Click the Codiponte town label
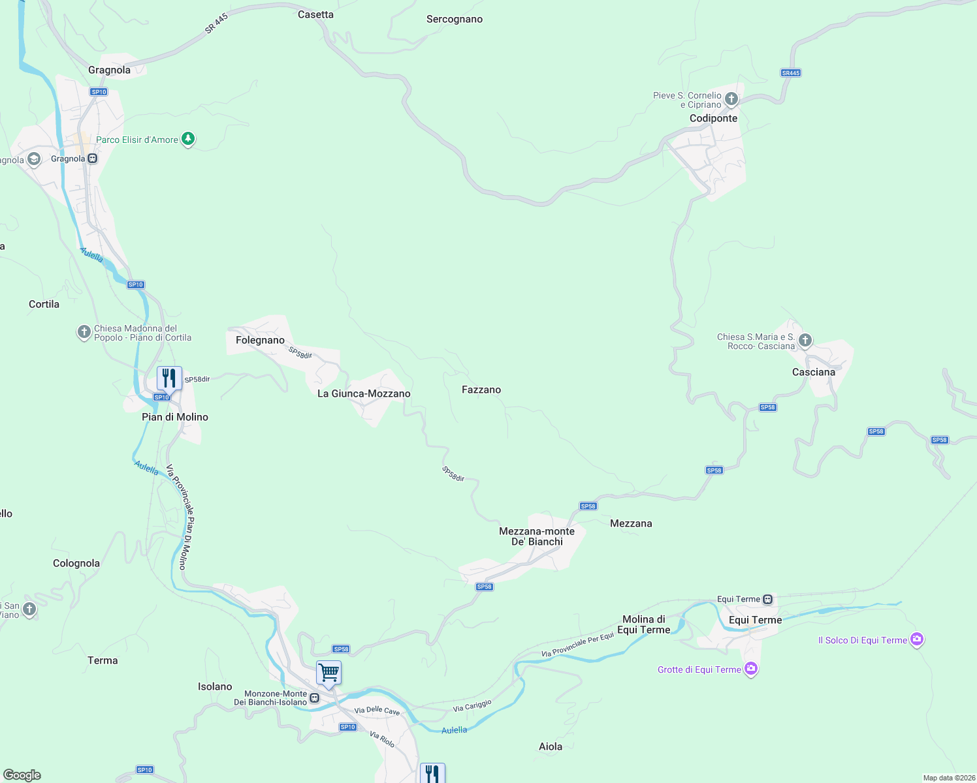[x=713, y=118]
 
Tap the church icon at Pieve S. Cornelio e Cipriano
[x=731, y=99]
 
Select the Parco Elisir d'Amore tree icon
[x=188, y=139]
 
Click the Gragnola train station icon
[x=93, y=159]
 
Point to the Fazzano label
[x=481, y=390]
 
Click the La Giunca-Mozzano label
[x=364, y=393]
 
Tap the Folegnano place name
[x=260, y=340]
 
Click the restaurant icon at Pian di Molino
[x=169, y=378]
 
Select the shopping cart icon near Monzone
[x=328, y=672]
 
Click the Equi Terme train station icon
[x=768, y=599]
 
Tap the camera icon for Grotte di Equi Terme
[x=751, y=669]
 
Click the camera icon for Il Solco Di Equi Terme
[x=917, y=639]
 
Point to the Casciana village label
[x=813, y=372]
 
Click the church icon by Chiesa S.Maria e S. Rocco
[x=805, y=340]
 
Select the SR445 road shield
[x=790, y=73]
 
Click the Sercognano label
[x=455, y=19]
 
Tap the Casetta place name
[x=315, y=14]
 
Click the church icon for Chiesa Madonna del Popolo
[x=84, y=332]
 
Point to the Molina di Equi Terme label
[x=644, y=624]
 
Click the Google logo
[x=22, y=775]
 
